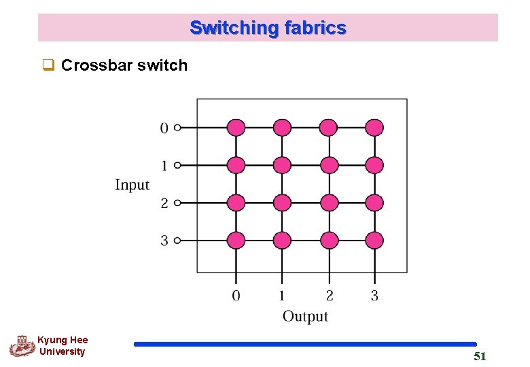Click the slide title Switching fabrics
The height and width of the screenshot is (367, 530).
click(x=268, y=28)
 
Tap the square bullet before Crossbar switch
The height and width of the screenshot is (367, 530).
click(x=48, y=66)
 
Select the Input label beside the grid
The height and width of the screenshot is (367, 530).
click(x=132, y=185)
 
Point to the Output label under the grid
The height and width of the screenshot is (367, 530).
click(x=305, y=316)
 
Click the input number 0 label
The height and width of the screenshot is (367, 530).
click(x=164, y=128)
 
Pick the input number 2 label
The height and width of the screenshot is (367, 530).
click(x=164, y=203)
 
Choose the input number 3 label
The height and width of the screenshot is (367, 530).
click(x=164, y=241)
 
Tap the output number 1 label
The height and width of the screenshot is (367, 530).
click(x=282, y=296)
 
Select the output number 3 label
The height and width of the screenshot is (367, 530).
click(x=374, y=296)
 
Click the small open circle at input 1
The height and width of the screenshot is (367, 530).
click(x=177, y=165)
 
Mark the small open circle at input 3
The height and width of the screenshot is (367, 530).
click(x=177, y=240)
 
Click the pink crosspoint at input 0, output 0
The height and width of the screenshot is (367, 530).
click(x=236, y=127)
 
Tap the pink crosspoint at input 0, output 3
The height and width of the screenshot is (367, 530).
click(x=374, y=127)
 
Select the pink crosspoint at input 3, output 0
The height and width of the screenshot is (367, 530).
click(x=236, y=240)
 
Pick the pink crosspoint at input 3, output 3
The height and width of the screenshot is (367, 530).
click(x=374, y=240)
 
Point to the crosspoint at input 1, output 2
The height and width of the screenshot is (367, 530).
click(x=328, y=165)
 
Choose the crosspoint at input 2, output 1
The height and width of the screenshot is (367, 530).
click(x=282, y=203)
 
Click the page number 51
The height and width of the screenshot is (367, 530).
click(x=480, y=357)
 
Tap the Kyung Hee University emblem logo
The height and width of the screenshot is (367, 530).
click(x=21, y=346)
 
